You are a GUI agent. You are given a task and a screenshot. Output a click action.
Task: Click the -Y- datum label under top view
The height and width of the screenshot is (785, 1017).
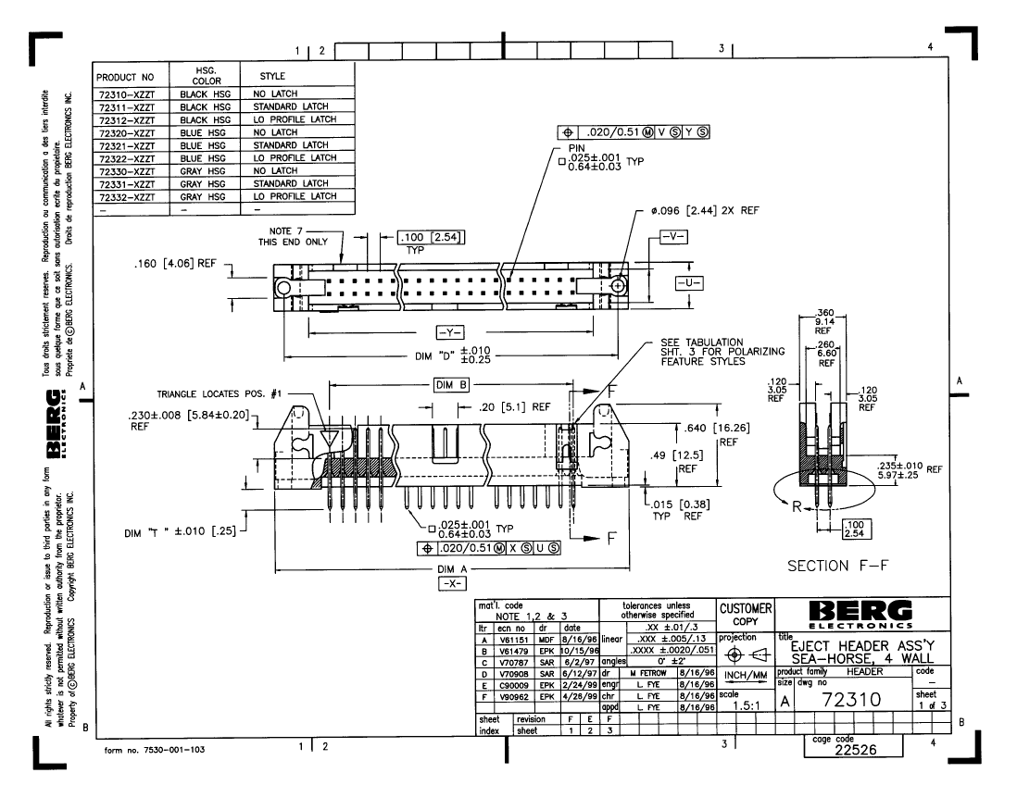pyautogui.click(x=448, y=331)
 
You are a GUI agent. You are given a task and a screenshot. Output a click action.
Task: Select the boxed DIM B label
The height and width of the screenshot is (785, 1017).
pyautogui.click(x=452, y=383)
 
